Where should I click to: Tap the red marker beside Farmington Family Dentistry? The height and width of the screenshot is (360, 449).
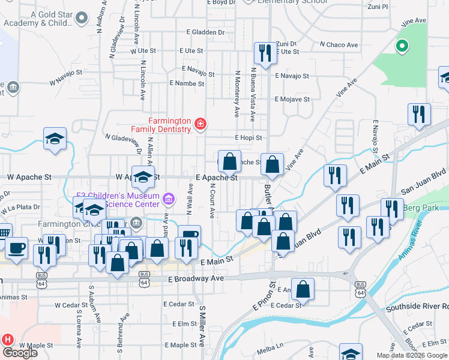pyautogui.click(x=200, y=125)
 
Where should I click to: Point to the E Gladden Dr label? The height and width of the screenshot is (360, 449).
pyautogui.click(x=205, y=32)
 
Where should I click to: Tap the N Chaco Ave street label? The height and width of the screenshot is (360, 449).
pyautogui.click(x=339, y=45)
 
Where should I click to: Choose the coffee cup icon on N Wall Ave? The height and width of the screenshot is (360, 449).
pyautogui.click(x=189, y=235)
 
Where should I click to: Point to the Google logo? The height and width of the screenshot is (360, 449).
pyautogui.click(x=19, y=353)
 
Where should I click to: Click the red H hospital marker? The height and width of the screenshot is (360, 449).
pyautogui.click(x=7, y=340)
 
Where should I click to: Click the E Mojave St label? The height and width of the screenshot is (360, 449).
pyautogui.click(x=292, y=99)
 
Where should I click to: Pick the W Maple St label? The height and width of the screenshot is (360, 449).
pyautogui.click(x=37, y=346)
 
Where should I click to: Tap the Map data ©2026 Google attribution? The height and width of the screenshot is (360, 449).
pyautogui.click(x=412, y=355)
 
